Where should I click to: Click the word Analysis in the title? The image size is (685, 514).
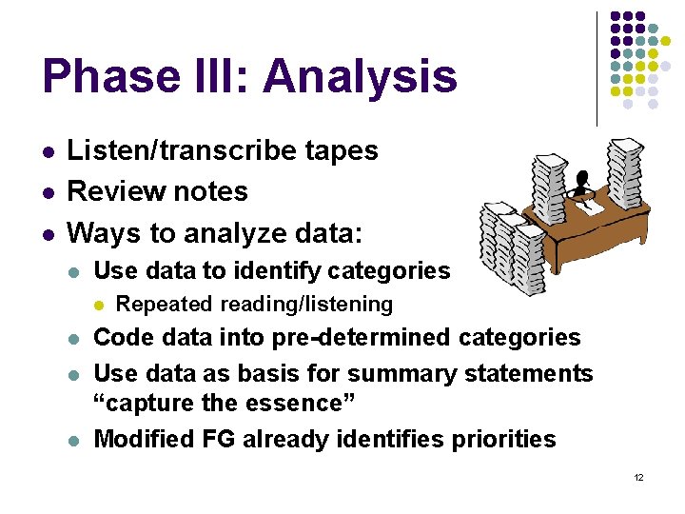(x=361, y=75)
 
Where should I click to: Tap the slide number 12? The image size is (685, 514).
(x=638, y=476)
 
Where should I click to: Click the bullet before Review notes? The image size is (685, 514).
(x=48, y=192)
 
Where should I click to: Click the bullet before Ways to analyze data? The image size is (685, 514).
(x=48, y=233)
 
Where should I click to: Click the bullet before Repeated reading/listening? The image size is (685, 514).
(x=100, y=305)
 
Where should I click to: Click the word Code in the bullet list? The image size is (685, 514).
(x=124, y=338)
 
